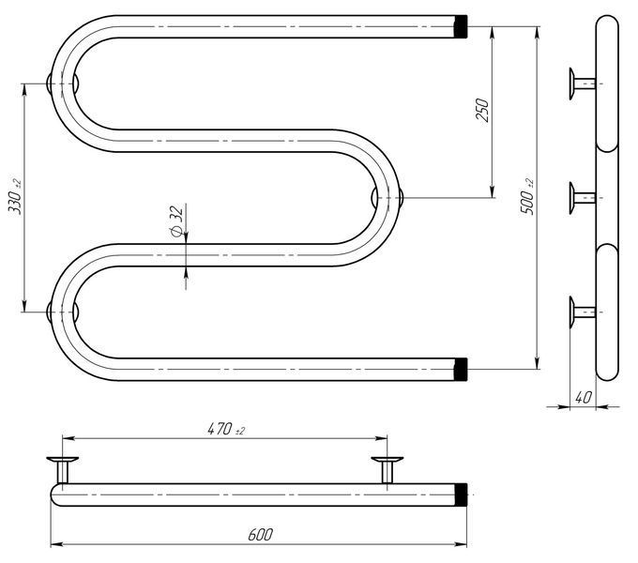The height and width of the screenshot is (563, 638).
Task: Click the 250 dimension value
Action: (481, 110)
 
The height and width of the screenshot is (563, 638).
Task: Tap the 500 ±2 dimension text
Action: (527, 196)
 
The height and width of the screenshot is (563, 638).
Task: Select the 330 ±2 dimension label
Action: (15, 196)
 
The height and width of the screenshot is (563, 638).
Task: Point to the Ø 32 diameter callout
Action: (175, 221)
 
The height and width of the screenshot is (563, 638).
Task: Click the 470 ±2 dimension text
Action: (226, 429)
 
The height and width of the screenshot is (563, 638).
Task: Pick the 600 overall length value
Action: (261, 535)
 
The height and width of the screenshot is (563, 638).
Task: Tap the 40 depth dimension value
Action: (583, 397)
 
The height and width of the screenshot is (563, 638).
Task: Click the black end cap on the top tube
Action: (461, 26)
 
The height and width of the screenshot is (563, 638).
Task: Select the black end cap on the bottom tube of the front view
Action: (461, 370)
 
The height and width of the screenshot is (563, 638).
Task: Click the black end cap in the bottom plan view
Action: (461, 495)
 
